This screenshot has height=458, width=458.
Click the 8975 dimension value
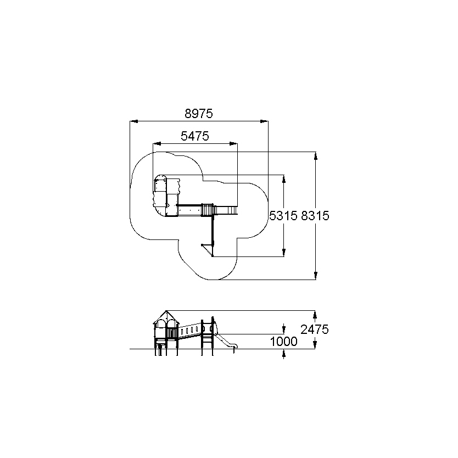[199, 113]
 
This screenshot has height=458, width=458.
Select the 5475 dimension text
[195, 136]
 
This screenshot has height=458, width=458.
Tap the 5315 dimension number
[283, 216]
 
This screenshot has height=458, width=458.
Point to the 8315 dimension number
[315, 216]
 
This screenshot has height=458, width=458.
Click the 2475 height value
[315, 329]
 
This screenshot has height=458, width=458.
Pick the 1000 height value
[283, 341]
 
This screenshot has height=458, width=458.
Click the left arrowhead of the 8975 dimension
[134, 121]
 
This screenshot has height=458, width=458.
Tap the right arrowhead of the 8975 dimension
[264, 121]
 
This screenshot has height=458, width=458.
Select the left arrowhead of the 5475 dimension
[157, 143]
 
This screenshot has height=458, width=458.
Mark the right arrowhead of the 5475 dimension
[233, 143]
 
